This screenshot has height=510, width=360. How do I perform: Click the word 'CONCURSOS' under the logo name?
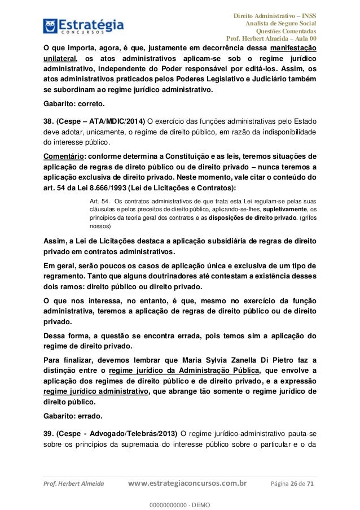pos(84,33)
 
